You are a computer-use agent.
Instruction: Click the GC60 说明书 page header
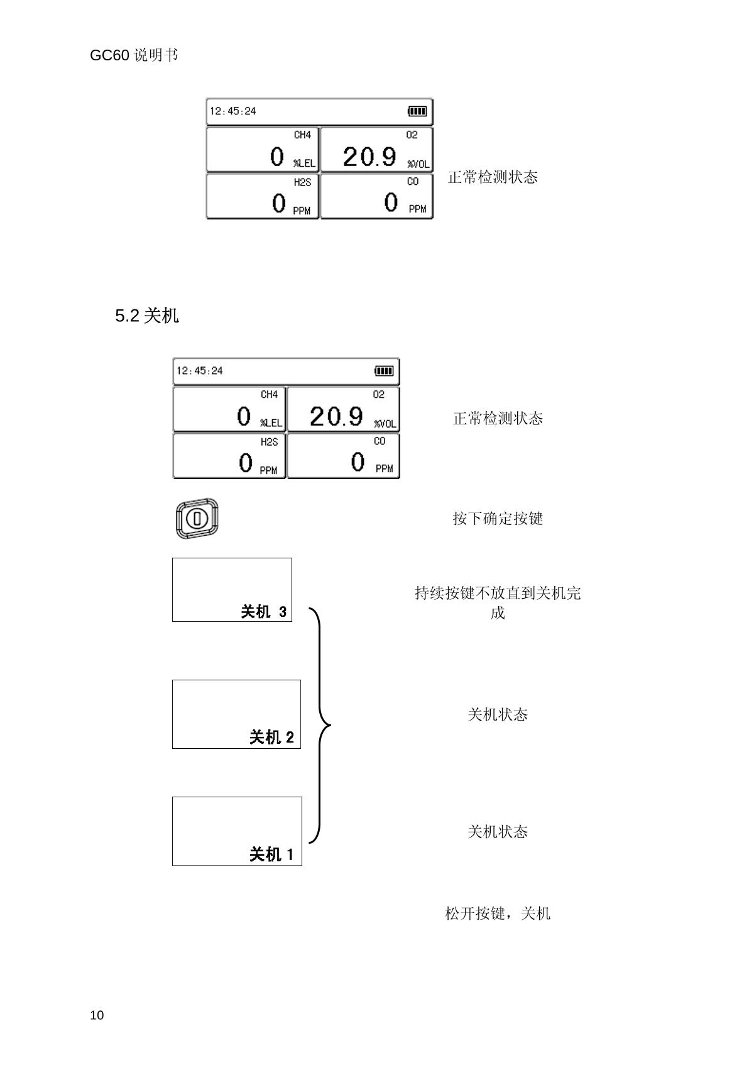tap(134, 55)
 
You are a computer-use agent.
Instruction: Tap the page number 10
tap(97, 1015)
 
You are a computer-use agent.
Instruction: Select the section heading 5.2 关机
tap(147, 316)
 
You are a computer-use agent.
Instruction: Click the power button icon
tap(197, 519)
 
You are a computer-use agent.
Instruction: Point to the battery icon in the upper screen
tap(417, 111)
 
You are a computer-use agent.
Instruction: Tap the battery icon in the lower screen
tap(384, 371)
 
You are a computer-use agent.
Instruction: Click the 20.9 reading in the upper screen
tap(369, 157)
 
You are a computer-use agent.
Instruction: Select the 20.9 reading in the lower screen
tap(336, 416)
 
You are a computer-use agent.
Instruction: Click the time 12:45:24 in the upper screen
tap(233, 111)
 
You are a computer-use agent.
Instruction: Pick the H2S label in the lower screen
tap(269, 442)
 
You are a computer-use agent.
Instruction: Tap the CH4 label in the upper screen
tap(302, 135)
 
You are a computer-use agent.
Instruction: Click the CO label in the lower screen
tap(380, 441)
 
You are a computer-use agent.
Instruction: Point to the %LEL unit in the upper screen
tap(304, 163)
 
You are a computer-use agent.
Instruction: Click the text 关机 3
tap(264, 612)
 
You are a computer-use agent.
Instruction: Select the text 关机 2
tap(271, 737)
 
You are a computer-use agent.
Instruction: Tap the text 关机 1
tap(271, 854)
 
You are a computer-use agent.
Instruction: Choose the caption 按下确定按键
tap(498, 519)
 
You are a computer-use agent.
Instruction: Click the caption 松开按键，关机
tap(498, 914)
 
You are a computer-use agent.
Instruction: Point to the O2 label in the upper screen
tap(412, 135)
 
